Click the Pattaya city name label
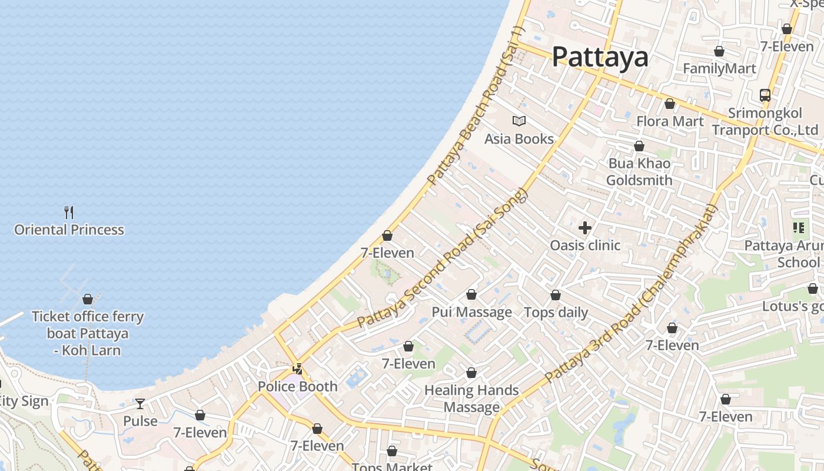(600, 57)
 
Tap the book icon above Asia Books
(519, 121)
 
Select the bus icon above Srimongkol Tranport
(765, 95)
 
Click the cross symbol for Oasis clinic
(585, 228)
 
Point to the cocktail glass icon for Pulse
(140, 403)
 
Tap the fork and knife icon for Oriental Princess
(69, 212)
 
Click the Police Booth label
(298, 387)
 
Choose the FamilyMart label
(719, 68)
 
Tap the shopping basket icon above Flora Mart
(669, 104)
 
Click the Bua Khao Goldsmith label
(639, 171)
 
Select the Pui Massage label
(472, 312)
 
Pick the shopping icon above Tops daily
(556, 295)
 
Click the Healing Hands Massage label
(471, 399)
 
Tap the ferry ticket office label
(87, 333)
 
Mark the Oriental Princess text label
(69, 230)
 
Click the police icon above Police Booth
(298, 369)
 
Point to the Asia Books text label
(519, 139)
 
